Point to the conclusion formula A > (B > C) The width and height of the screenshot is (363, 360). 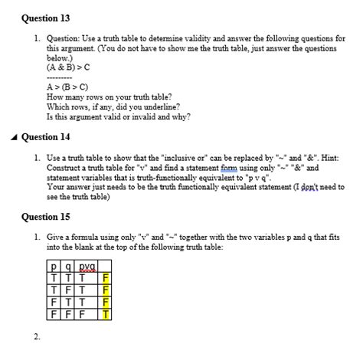tap(69, 87)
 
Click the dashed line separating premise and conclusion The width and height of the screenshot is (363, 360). tap(60, 77)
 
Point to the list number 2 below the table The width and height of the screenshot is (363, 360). tap(36, 336)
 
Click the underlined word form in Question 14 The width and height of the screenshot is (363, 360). tap(227, 167)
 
